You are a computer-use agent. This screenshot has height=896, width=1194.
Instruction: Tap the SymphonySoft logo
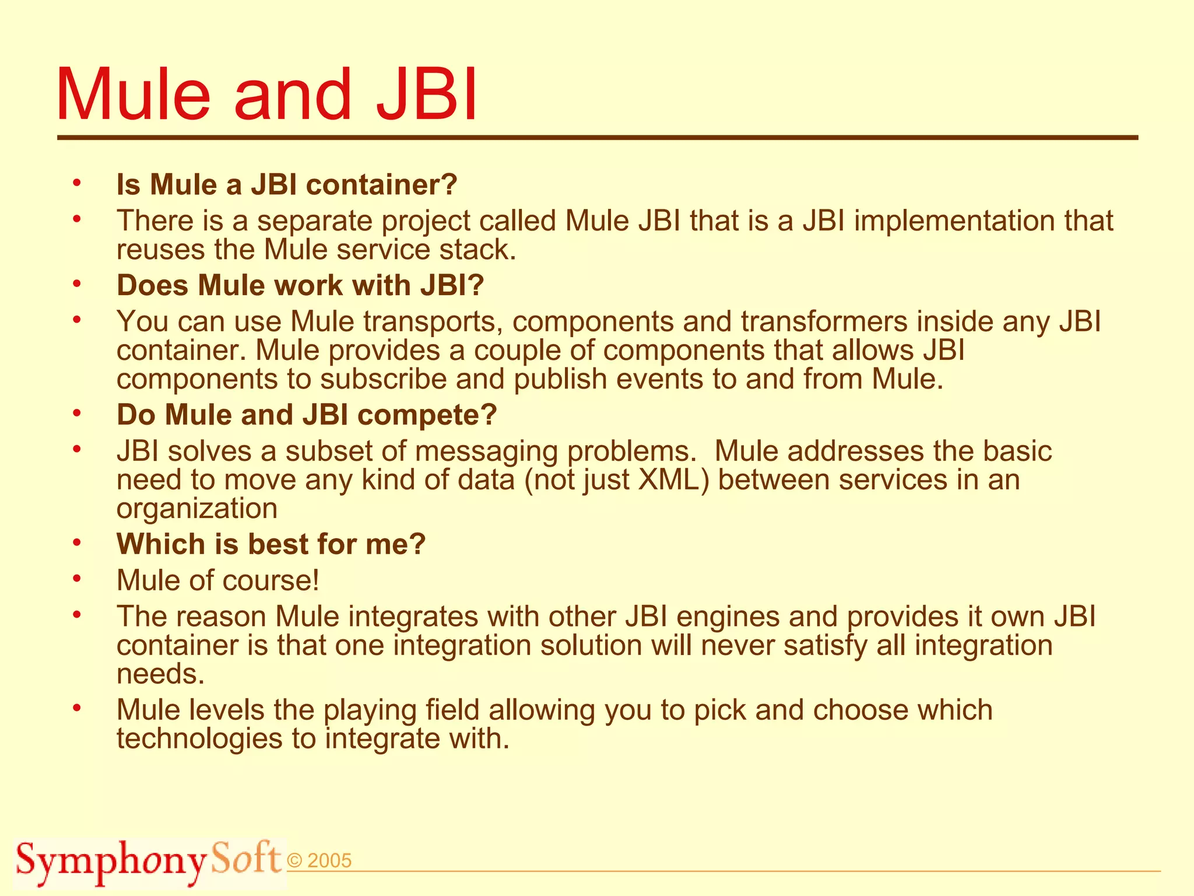pyautogui.click(x=149, y=862)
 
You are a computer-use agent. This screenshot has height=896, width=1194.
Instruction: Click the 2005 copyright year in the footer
pyautogui.click(x=329, y=861)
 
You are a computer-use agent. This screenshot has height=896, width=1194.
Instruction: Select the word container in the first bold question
pyautogui.click(x=382, y=185)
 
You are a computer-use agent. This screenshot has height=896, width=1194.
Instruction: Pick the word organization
pyautogui.click(x=197, y=509)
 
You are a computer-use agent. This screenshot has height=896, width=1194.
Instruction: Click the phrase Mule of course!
pyautogui.click(x=218, y=580)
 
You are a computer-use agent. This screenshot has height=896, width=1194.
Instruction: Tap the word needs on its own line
pyautogui.click(x=160, y=674)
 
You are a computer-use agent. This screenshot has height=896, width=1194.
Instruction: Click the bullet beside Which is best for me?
pyautogui.click(x=76, y=544)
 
